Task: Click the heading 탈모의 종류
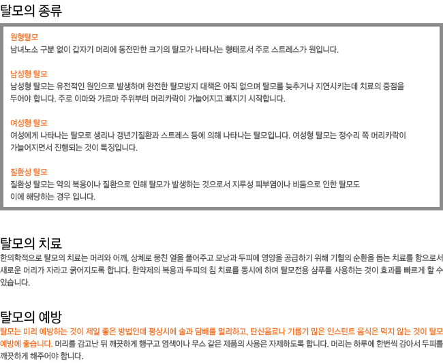pyautogui.click(x=31, y=11)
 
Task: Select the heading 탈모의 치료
pyautogui.click(x=31, y=243)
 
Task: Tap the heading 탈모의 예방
pyautogui.click(x=31, y=317)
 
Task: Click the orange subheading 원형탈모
pyautogui.click(x=25, y=37)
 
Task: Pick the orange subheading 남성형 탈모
pyautogui.click(x=29, y=74)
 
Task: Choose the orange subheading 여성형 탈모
pyautogui.click(x=29, y=123)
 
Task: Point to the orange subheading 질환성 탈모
pyautogui.click(x=29, y=172)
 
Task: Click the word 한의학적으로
pyautogui.click(x=21, y=257)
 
